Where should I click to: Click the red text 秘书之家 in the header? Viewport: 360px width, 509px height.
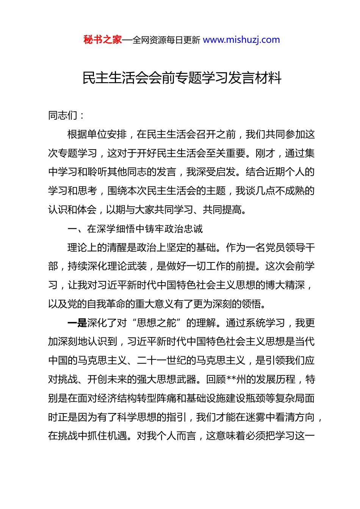pyautogui.click(x=103, y=40)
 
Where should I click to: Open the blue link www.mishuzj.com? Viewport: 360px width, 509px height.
pyautogui.click(x=241, y=40)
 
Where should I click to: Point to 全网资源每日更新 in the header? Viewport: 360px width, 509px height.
pyautogui.click(x=166, y=40)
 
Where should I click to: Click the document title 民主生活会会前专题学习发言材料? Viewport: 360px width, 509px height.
pyautogui.click(x=182, y=78)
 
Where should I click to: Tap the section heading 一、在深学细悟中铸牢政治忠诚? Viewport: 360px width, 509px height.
pyautogui.click(x=135, y=229)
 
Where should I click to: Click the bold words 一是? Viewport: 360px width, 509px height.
pyautogui.click(x=77, y=323)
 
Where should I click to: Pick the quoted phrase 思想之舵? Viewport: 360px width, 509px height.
pyautogui.click(x=157, y=323)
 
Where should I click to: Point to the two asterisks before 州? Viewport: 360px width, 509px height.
pyautogui.click(x=231, y=379)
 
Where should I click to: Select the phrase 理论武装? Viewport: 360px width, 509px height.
pyautogui.click(x=127, y=266)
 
